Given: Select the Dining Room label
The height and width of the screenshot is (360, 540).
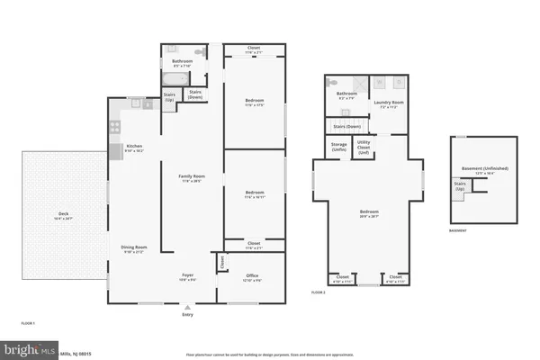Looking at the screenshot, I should [x=134, y=248].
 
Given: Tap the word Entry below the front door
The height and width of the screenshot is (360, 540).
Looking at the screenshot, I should [x=187, y=314].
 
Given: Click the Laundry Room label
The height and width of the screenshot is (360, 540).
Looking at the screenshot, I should [x=390, y=103].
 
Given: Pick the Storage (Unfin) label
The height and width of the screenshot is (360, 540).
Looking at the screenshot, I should [x=338, y=145].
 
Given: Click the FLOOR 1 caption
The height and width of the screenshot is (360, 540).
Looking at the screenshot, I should [x=28, y=321].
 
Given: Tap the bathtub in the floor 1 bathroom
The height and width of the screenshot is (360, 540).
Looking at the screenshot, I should [x=171, y=78].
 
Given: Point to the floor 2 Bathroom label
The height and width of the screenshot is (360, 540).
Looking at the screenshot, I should [x=347, y=94].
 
